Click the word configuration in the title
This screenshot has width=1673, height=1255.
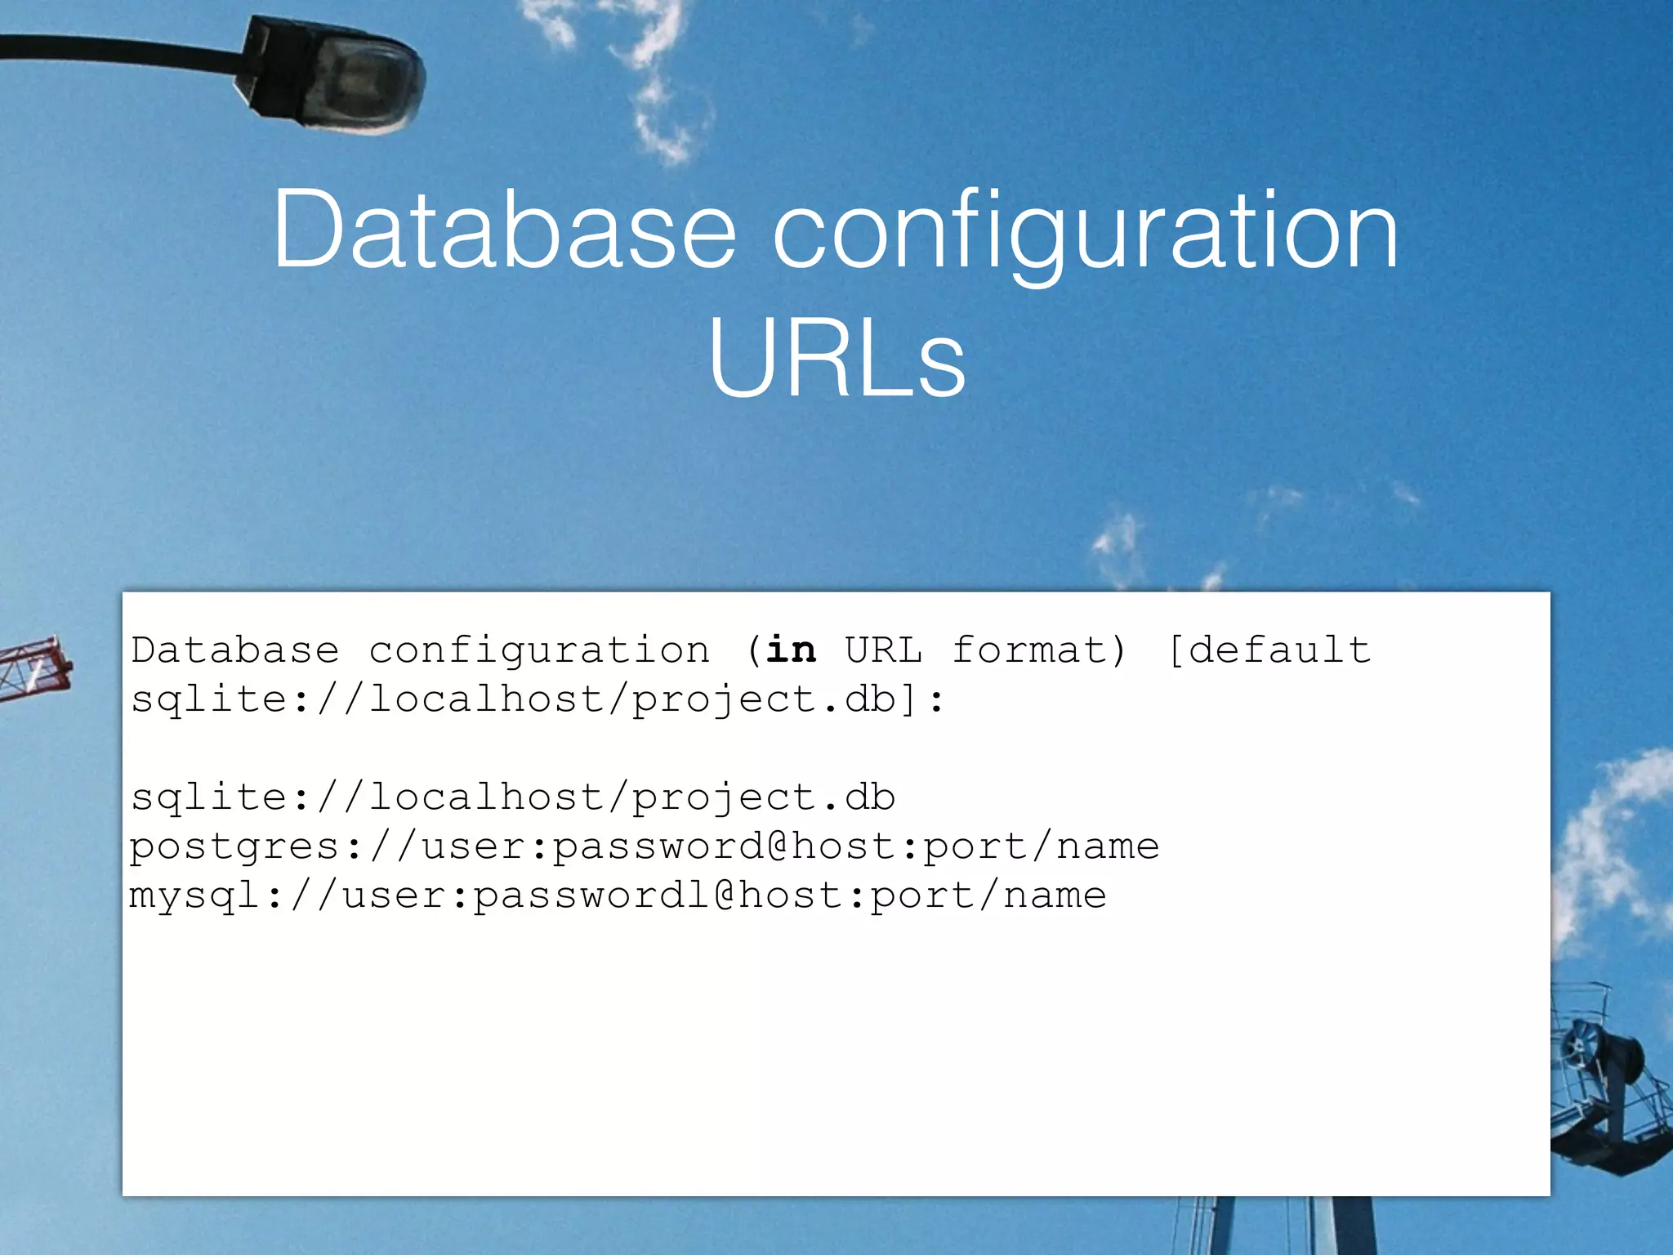(x=1086, y=233)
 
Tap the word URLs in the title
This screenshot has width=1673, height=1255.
(x=836, y=360)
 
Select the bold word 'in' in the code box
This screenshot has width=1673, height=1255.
(x=791, y=650)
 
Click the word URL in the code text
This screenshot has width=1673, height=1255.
(x=883, y=650)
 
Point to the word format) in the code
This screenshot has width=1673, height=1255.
(x=1039, y=650)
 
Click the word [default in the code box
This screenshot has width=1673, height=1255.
(x=1269, y=650)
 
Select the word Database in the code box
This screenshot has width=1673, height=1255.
(x=235, y=650)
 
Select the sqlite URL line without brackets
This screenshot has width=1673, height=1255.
(x=513, y=797)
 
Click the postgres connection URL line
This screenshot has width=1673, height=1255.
(x=644, y=846)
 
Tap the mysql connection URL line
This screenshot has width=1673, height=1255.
(x=618, y=895)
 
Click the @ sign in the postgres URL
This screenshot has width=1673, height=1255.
(x=777, y=846)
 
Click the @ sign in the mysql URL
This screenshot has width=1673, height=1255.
(x=725, y=895)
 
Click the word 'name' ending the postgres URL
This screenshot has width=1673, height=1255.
(x=1107, y=846)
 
